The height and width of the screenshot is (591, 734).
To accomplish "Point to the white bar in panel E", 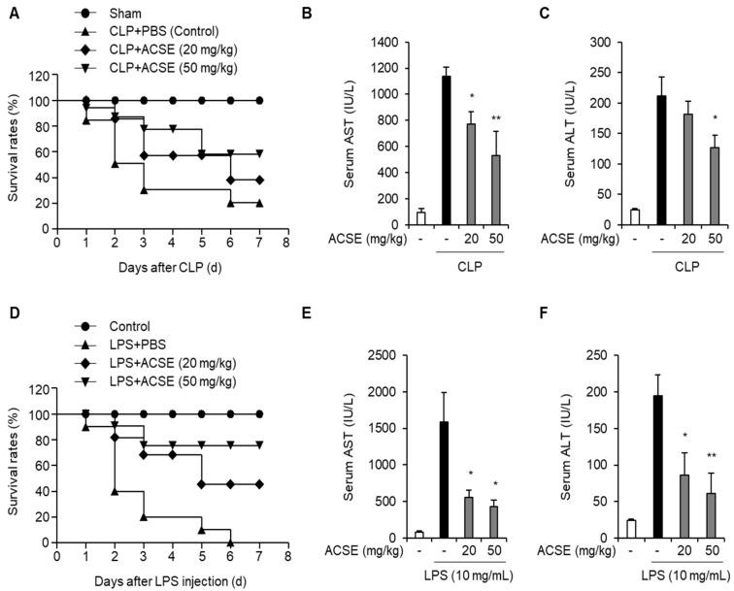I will (419, 534).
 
